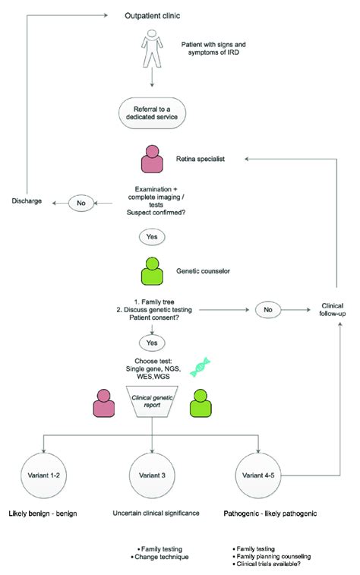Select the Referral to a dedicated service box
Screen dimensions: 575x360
click(154, 114)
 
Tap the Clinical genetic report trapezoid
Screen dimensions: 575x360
click(154, 406)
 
